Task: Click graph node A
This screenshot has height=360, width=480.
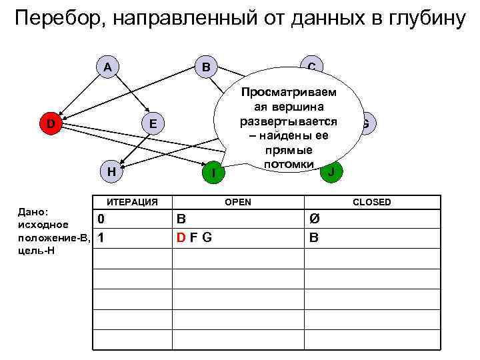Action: [107, 67]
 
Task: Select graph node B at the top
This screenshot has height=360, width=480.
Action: [206, 67]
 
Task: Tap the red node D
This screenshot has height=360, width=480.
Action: [51, 123]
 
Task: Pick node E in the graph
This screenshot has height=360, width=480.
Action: [153, 123]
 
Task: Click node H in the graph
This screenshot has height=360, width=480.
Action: [112, 171]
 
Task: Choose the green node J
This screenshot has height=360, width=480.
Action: [331, 171]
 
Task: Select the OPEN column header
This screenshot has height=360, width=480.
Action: [238, 201]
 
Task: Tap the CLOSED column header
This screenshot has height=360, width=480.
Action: [372, 201]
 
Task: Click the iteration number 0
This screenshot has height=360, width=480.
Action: [100, 219]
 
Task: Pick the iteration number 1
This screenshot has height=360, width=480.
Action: [100, 237]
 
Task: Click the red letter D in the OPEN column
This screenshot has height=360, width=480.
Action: [181, 237]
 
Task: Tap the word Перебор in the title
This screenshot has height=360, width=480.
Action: [57, 19]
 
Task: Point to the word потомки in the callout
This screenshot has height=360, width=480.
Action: [289, 164]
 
